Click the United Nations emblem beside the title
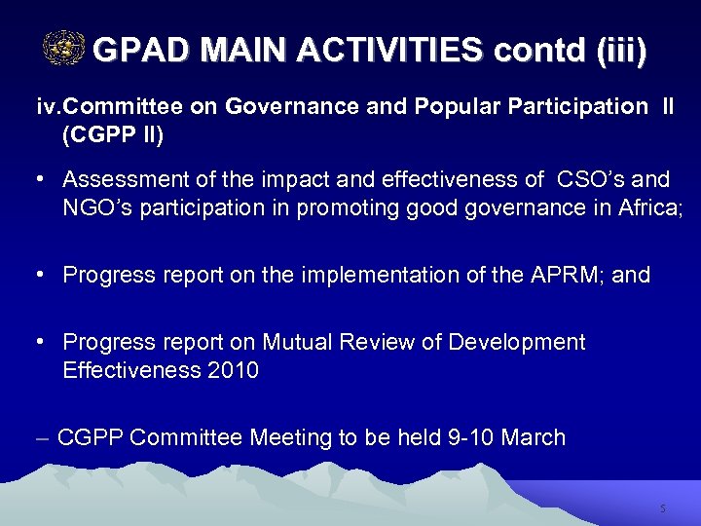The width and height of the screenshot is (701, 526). click(64, 48)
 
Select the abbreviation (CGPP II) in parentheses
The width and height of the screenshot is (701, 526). click(113, 135)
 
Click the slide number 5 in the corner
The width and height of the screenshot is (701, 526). click(662, 508)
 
